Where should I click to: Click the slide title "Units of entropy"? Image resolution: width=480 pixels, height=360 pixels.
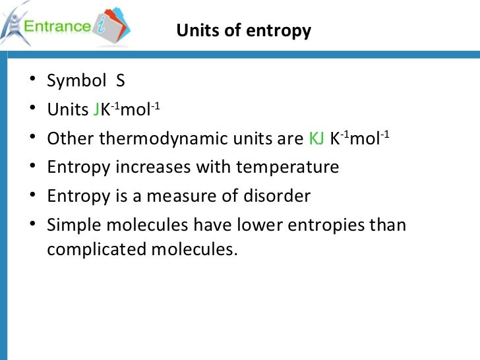244,31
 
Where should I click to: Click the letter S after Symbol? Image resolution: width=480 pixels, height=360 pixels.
120,81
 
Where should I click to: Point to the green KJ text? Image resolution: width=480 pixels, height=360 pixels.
316,138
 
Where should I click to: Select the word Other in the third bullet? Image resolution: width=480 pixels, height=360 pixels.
70,138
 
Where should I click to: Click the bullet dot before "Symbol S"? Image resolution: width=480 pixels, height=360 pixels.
34,82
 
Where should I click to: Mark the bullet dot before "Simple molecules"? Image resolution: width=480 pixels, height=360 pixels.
34,225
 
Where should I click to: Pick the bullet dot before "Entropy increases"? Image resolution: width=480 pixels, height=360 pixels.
34,167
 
